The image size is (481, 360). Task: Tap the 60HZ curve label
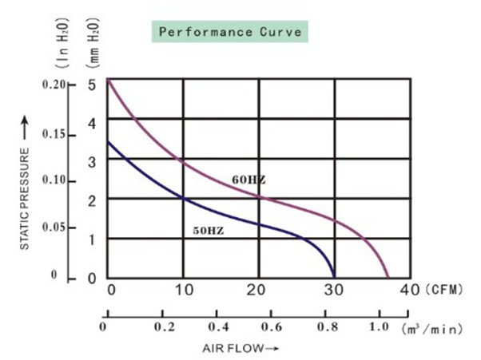coord(248,180)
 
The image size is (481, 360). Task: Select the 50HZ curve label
coord(208,231)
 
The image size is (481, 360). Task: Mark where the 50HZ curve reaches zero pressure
coord(334,278)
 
